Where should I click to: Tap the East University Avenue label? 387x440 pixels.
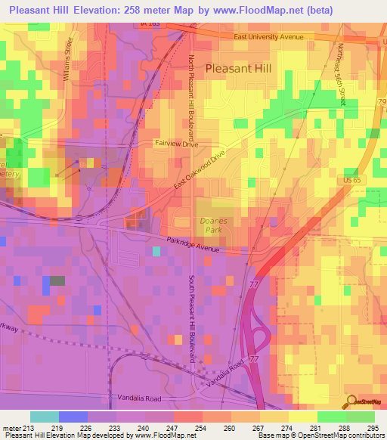(x=268, y=37)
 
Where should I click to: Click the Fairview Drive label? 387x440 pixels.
(x=175, y=142)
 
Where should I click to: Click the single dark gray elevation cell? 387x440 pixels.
(x=57, y=280)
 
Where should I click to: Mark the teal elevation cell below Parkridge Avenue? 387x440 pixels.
(x=156, y=251)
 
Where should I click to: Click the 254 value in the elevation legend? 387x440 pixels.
(x=203, y=427)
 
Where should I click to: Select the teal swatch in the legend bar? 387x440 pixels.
(x=45, y=417)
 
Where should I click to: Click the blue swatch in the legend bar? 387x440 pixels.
(x=73, y=417)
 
